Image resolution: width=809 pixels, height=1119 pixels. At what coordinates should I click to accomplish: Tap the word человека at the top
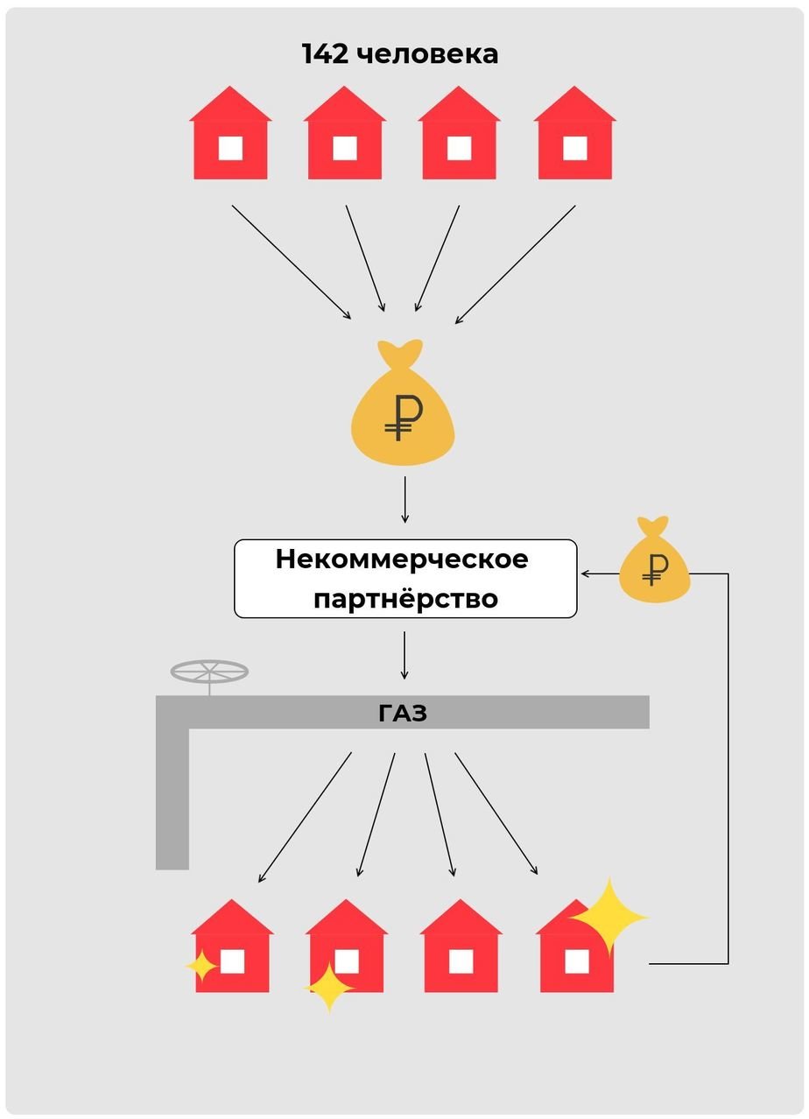428,55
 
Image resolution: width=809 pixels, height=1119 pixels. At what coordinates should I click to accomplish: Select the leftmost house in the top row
230,132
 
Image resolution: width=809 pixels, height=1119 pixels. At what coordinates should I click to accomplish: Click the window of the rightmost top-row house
574,148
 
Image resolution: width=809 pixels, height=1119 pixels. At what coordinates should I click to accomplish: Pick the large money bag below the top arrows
403,403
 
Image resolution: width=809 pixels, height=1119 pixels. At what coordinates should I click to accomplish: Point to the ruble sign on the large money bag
404,417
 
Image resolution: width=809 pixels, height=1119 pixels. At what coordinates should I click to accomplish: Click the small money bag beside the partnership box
655,560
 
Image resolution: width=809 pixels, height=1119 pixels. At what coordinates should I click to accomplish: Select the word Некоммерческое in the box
402,559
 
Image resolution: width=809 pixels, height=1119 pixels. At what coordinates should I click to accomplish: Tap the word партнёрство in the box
405,598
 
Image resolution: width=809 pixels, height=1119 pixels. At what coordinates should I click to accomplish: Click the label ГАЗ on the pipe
403,714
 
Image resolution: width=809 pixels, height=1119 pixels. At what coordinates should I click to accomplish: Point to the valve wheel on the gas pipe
209,672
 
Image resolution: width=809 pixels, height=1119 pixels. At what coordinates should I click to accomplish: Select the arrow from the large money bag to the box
405,500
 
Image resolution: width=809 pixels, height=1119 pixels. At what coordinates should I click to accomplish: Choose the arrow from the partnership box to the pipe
404,656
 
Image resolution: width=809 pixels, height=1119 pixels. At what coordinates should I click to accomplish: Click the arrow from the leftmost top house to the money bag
292,263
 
